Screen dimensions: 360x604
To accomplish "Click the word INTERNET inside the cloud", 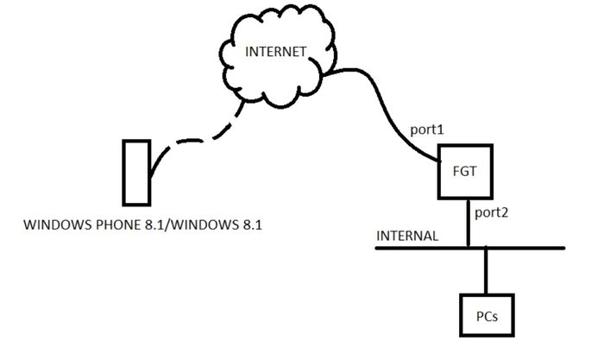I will tap(276, 52).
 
